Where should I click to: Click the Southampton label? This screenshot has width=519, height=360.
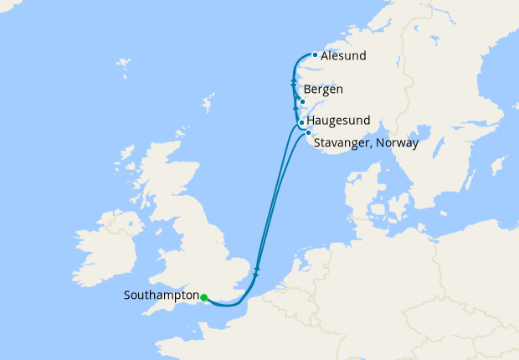point(161,296)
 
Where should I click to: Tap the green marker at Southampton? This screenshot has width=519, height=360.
point(204,296)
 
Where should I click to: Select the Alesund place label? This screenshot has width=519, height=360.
point(343,56)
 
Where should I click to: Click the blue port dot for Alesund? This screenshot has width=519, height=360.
point(314,55)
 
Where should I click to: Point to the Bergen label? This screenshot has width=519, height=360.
point(324,90)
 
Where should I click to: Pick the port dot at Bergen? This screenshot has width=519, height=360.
point(302,102)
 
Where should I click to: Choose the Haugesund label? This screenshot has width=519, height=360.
point(340,121)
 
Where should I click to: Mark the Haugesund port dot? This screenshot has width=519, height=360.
point(301,123)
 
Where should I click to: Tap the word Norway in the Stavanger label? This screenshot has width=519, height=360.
point(398,142)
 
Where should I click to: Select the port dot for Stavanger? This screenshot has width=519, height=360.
point(308,132)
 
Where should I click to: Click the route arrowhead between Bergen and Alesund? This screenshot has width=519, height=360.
point(293,81)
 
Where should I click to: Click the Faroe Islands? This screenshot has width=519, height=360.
point(124,63)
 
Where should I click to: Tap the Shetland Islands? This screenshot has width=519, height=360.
point(206,106)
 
